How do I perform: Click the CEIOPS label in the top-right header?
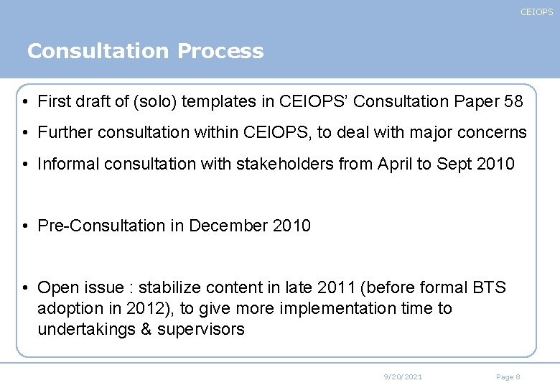(x=536, y=12)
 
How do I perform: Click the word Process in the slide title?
(x=220, y=52)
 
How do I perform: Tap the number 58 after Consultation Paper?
(x=513, y=102)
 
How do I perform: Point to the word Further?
(x=66, y=133)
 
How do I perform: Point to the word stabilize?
(x=172, y=288)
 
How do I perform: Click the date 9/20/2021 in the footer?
(x=403, y=377)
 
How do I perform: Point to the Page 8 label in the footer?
(x=508, y=377)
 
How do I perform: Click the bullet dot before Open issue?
(x=25, y=288)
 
